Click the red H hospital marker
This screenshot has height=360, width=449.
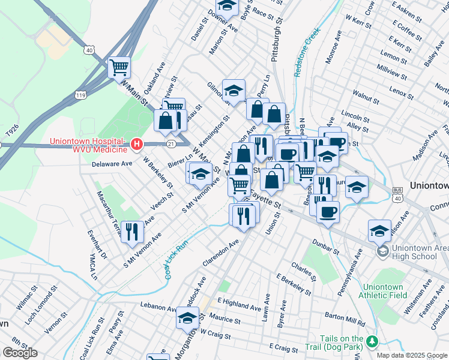(x=137, y=145)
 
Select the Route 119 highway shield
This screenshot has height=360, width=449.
(x=80, y=94)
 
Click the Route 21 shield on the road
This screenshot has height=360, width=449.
(x=171, y=143)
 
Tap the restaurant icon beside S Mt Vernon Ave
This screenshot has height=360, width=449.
(x=131, y=231)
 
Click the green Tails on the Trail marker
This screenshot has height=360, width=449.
(x=372, y=341)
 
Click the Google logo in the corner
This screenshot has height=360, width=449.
(x=20, y=352)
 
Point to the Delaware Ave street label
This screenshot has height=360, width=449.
(x=112, y=163)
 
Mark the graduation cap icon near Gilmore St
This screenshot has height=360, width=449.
(x=234, y=91)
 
